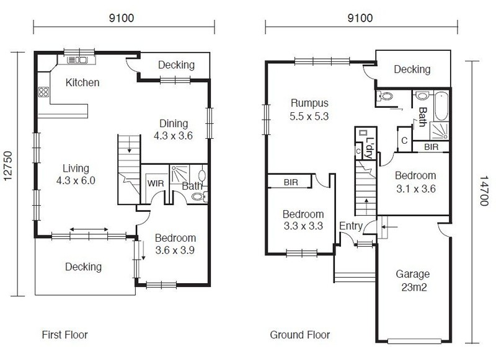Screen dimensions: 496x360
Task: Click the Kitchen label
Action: click(x=82, y=82)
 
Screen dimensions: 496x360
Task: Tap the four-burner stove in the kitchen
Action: click(x=43, y=92)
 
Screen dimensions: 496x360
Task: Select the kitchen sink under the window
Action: click(x=77, y=59)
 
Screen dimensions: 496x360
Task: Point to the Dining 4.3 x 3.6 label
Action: click(x=174, y=130)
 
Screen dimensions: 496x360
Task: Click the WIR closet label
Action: click(x=156, y=183)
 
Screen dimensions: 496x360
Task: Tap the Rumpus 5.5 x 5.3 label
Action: click(x=309, y=110)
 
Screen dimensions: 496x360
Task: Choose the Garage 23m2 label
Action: click(x=413, y=280)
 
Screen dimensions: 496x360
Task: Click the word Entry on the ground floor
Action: click(x=351, y=226)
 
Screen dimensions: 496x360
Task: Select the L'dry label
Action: click(x=370, y=148)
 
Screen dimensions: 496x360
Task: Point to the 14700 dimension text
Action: click(x=484, y=191)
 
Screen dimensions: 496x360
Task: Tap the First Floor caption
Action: click(x=64, y=335)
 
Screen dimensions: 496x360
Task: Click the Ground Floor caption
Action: click(x=300, y=335)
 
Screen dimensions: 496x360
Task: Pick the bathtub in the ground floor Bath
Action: click(x=441, y=106)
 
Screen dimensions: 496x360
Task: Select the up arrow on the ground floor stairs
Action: click(x=366, y=206)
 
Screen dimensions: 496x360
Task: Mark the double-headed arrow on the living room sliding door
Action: click(x=89, y=229)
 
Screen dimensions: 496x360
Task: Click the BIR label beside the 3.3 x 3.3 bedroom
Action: click(x=291, y=182)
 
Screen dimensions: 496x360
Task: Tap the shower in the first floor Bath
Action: click(x=180, y=174)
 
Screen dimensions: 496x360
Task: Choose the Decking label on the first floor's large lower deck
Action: click(x=83, y=267)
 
